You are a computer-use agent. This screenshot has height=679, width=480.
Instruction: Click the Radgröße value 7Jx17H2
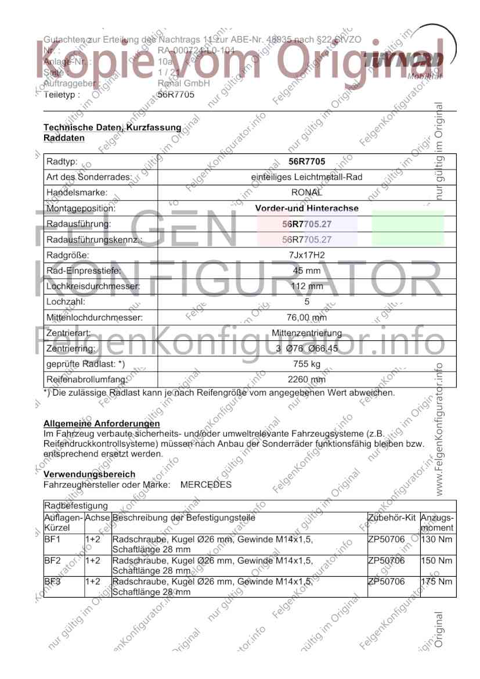[306, 255]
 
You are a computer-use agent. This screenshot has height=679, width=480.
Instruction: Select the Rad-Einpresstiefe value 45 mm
[306, 271]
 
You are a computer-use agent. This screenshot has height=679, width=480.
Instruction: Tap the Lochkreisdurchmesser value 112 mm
[306, 286]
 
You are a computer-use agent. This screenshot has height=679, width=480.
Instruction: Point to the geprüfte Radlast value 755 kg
[306, 365]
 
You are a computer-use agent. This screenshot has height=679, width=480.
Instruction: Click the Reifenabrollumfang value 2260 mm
[306, 380]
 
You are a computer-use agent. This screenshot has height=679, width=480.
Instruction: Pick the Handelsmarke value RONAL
[306, 192]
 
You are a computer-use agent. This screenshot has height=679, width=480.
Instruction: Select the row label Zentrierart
[68, 333]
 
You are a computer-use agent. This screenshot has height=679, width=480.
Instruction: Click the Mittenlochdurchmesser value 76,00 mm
[306, 318]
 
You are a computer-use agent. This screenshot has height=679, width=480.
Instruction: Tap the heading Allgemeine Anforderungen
[102, 424]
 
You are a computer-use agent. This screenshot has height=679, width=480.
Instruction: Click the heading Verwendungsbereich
[89, 475]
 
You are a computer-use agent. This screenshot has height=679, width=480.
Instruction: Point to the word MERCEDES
[206, 484]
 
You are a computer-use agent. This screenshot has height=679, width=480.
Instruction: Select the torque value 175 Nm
[436, 581]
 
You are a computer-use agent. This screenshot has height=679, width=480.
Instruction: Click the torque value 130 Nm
[436, 540]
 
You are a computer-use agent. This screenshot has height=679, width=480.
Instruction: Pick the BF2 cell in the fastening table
[52, 561]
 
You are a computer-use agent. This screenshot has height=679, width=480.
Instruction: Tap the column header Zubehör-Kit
[392, 517]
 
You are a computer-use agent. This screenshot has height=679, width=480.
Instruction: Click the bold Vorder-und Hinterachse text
[306, 208]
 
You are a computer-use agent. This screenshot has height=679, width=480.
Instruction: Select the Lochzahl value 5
[306, 302]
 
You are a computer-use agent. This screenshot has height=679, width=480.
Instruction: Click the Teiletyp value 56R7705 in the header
[176, 95]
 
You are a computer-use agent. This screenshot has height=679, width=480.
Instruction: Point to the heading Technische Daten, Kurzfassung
[113, 127]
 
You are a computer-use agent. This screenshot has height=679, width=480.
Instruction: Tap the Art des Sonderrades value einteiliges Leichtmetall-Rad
[306, 177]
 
